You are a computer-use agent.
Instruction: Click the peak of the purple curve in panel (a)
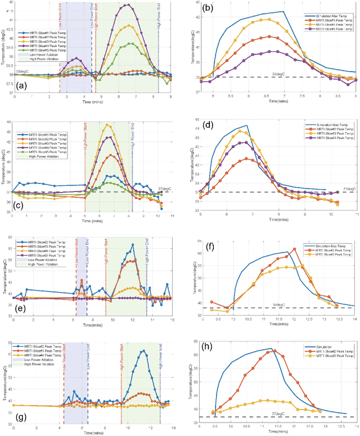coord(128,5)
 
